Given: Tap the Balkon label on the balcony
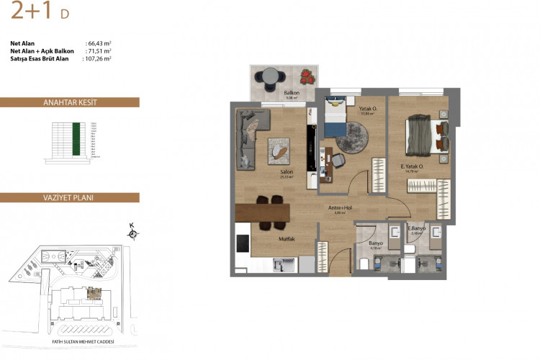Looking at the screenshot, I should tap(291, 93).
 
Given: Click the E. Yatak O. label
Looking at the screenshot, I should tap(412, 166).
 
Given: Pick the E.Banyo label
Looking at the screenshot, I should tap(418, 228).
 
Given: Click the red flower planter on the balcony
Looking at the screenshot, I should tap(307, 75).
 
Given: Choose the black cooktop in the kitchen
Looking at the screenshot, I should tap(243, 241).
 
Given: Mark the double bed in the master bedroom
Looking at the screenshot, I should tap(424, 134).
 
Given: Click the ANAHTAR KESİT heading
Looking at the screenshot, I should tap(69, 102).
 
